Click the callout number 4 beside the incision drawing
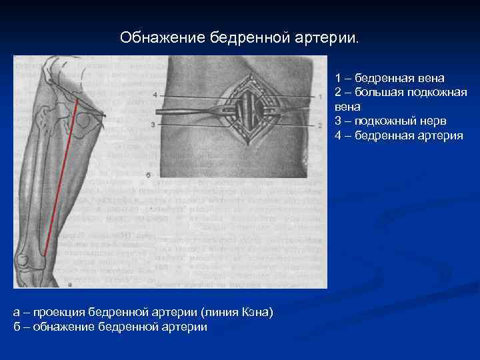[155, 95]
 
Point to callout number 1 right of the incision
[321, 96]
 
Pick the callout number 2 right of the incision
[321, 125]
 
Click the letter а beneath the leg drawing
[70, 284]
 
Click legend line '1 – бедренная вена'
[389, 78]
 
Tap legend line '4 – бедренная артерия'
[399, 135]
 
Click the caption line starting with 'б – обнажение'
[110, 327]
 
